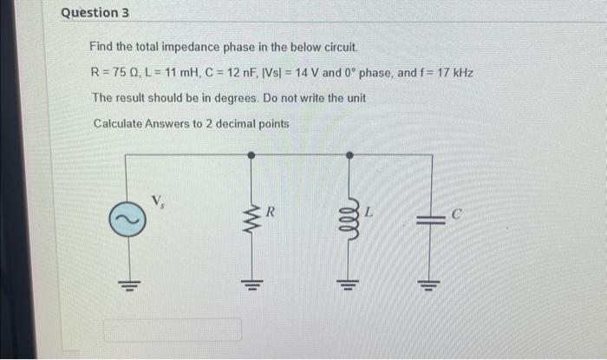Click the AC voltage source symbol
[x=126, y=222]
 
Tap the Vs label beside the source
[x=159, y=201]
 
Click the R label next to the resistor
[x=271, y=211]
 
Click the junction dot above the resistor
[x=251, y=154]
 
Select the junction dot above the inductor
[x=349, y=154]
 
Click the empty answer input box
[x=173, y=330]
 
